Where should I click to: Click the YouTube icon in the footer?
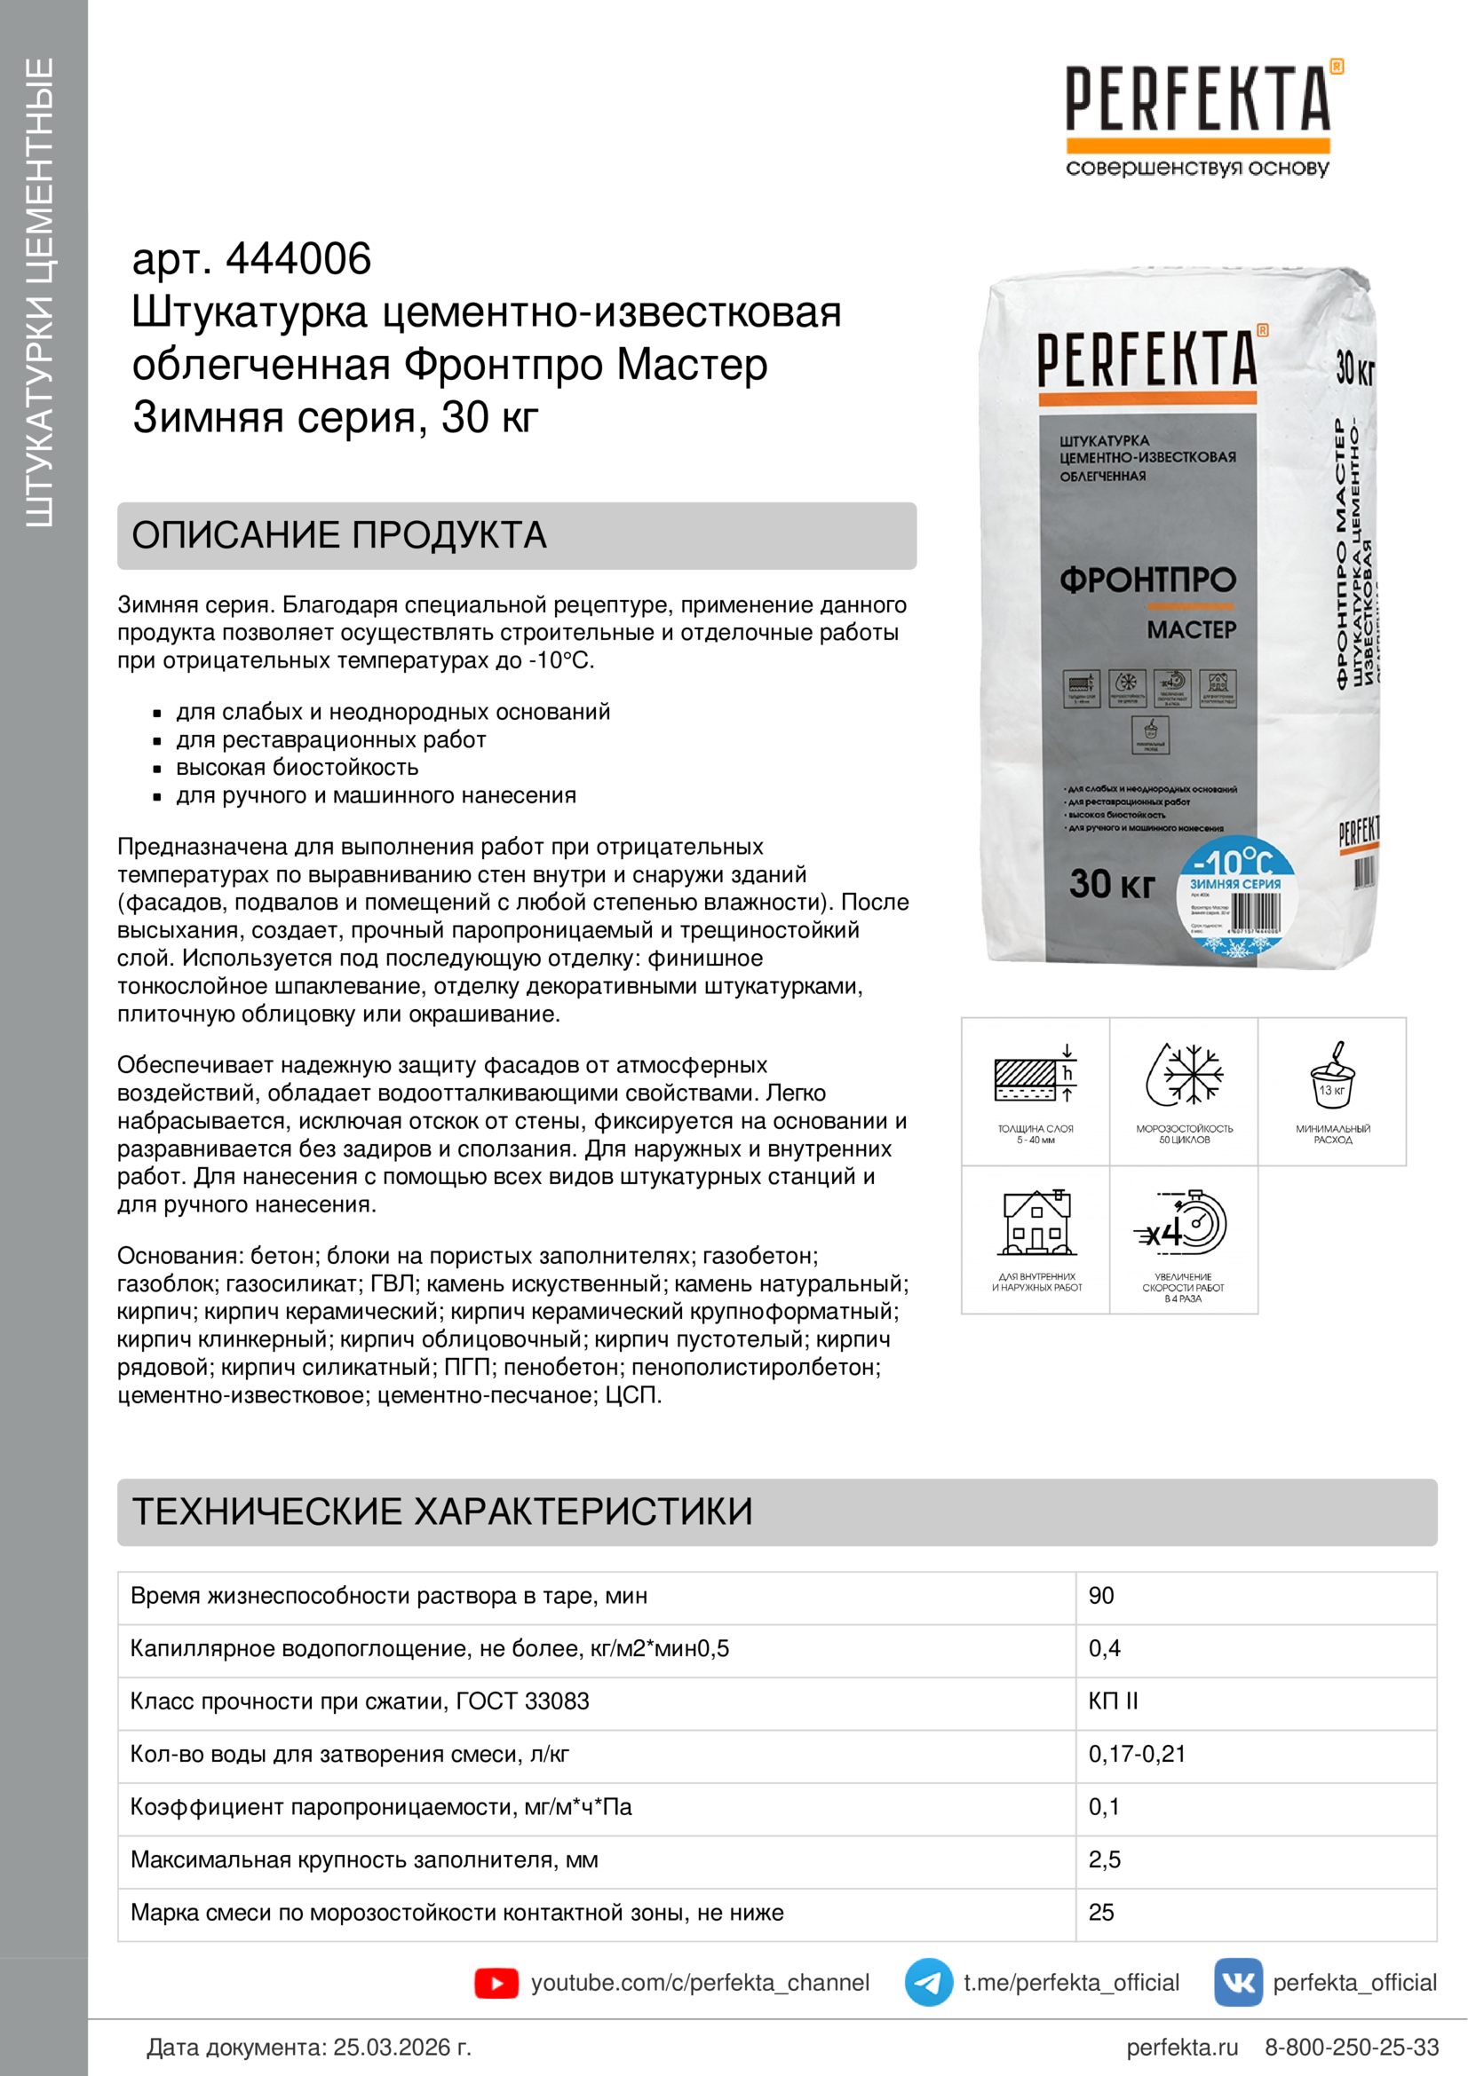click(x=496, y=1983)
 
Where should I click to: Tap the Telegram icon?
click(x=928, y=1982)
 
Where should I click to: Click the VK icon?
click(x=1237, y=1982)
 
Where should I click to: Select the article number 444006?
click(x=298, y=259)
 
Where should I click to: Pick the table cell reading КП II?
click(x=1113, y=1701)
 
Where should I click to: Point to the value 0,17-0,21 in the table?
click(x=1136, y=1754)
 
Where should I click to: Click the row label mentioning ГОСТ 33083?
click(x=359, y=1701)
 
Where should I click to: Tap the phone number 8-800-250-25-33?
click(x=1352, y=2047)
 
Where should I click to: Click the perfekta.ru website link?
click(x=1181, y=2047)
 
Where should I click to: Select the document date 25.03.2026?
click(x=402, y=2047)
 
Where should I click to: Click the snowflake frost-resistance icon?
click(x=1184, y=1075)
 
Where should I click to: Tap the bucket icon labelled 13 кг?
click(x=1332, y=1075)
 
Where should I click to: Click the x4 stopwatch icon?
click(x=1183, y=1225)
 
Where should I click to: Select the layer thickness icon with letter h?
click(x=1036, y=1075)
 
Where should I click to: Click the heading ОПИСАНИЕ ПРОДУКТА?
click(x=339, y=535)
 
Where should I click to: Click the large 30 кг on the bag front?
click(x=1112, y=883)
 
